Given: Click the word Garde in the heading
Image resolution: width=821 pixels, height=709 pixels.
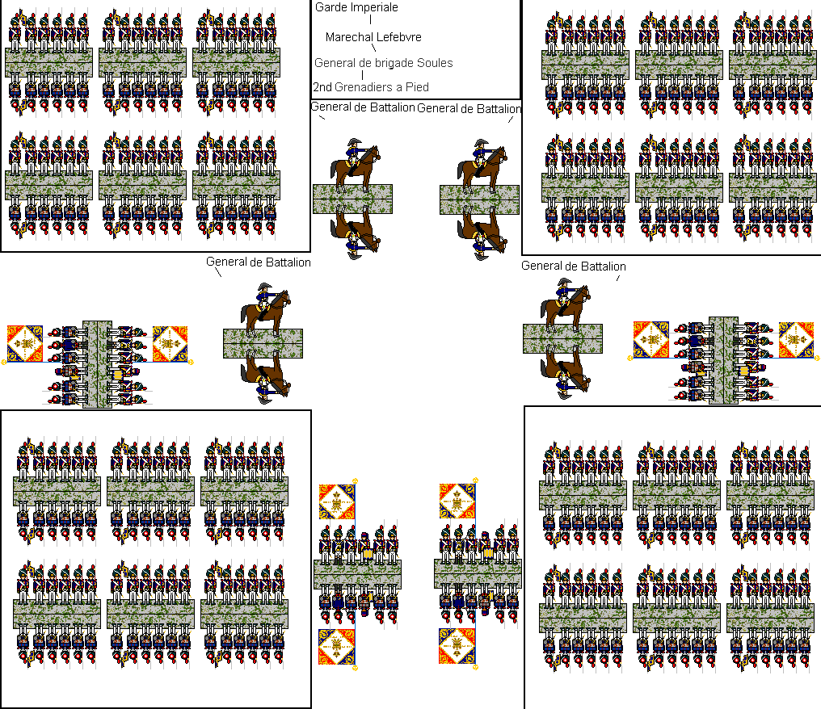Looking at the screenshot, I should point(330,7).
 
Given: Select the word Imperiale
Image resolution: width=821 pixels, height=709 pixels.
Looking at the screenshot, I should point(373,7).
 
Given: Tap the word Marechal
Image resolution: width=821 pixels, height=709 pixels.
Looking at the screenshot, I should point(349,37).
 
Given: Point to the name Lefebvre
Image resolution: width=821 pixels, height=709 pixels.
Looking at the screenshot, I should point(399,37).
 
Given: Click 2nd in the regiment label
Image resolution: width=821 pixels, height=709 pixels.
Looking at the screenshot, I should point(322,87).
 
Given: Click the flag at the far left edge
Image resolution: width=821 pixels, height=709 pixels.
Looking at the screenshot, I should point(24,343).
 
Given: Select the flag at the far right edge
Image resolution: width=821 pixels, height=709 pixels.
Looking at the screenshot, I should point(795,340).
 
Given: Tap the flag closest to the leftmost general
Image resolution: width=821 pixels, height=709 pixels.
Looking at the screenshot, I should point(170,343).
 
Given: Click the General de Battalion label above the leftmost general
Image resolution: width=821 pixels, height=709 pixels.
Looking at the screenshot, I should point(258,262).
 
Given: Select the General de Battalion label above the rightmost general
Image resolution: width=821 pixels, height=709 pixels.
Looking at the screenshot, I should point(573,266).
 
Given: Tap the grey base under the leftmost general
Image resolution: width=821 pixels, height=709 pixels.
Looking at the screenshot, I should point(263,343).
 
